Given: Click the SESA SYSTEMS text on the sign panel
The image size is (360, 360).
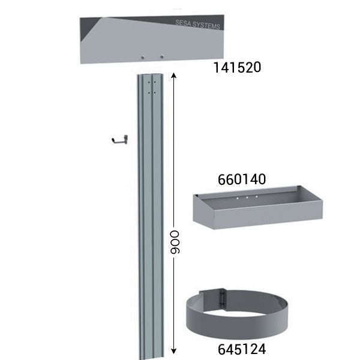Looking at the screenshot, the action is tap(197, 25).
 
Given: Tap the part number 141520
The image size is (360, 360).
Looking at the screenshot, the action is tap(237, 67).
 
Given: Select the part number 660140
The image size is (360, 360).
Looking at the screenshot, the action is tap(242, 179).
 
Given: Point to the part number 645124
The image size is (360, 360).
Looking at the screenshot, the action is tap(242, 349).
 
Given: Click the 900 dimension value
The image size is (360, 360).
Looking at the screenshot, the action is tap(174, 242).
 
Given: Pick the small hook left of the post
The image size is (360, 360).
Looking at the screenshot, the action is tap(119, 140).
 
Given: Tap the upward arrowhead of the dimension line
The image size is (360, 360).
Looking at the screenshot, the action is tap(174, 76).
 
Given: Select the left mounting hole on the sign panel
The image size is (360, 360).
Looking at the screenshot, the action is tap(143, 57).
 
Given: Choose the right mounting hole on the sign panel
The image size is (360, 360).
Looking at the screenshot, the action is tap(162, 57).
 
